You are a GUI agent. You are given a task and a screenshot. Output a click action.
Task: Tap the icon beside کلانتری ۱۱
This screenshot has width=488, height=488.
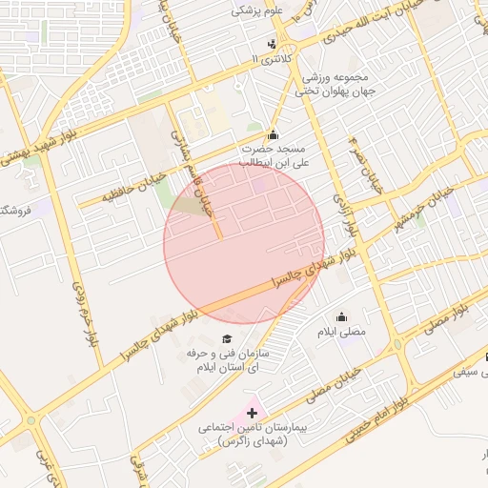coord(273,44)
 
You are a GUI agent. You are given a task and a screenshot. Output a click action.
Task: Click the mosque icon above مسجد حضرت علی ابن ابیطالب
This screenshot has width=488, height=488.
coord(274,134)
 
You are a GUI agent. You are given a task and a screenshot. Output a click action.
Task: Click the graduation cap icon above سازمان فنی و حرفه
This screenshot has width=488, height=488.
coord(226,338)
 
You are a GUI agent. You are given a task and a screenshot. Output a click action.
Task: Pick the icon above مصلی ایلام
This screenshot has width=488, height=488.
coord(341,316)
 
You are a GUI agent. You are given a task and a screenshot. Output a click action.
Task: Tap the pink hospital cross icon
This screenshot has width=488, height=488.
coord(252,413)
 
